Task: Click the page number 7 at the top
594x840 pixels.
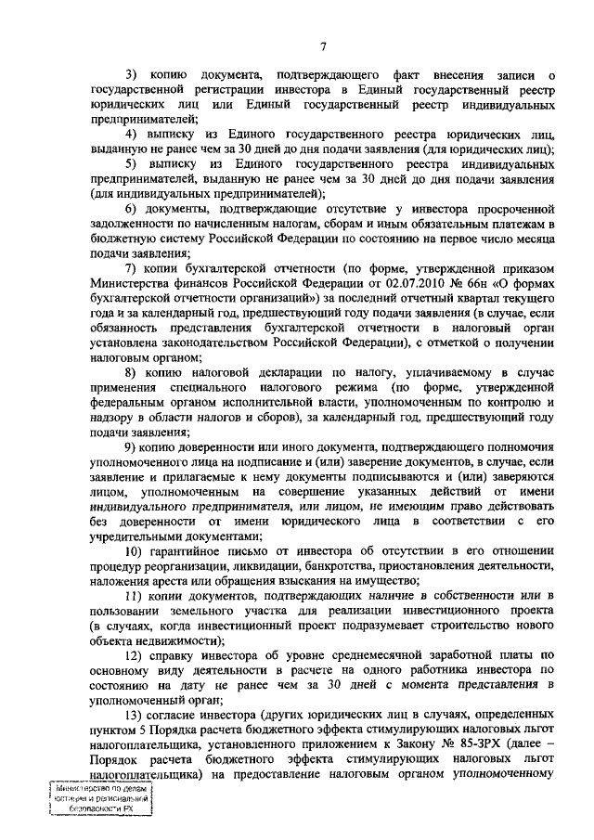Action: click(323, 46)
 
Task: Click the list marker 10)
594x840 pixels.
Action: click(136, 550)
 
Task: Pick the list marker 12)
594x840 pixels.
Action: click(136, 654)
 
